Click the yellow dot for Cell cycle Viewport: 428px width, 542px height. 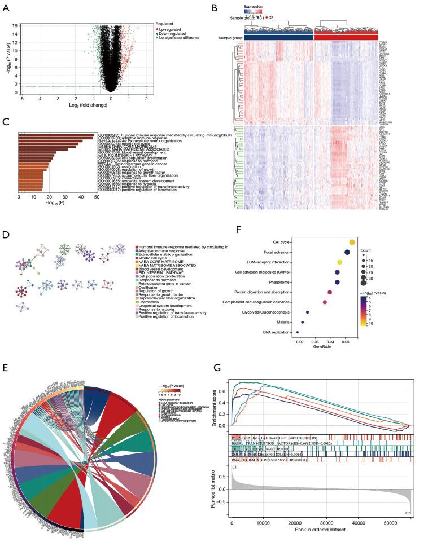point(352,242)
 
